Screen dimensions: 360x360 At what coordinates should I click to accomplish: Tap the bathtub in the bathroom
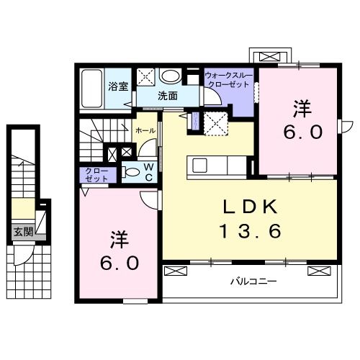click(x=91, y=87)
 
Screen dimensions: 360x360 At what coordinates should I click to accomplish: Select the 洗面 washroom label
click(x=168, y=95)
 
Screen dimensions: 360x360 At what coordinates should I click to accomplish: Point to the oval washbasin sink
click(x=171, y=76)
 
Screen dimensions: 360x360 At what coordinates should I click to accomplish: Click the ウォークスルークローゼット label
click(x=228, y=79)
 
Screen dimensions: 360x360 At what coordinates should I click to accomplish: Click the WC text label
click(x=147, y=172)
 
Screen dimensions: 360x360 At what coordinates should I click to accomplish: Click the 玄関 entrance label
click(x=22, y=232)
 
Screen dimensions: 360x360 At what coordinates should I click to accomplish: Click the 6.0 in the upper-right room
click(x=301, y=132)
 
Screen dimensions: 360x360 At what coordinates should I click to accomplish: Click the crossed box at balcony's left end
click(x=175, y=271)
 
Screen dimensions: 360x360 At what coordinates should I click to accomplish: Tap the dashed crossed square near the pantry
click(x=215, y=123)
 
